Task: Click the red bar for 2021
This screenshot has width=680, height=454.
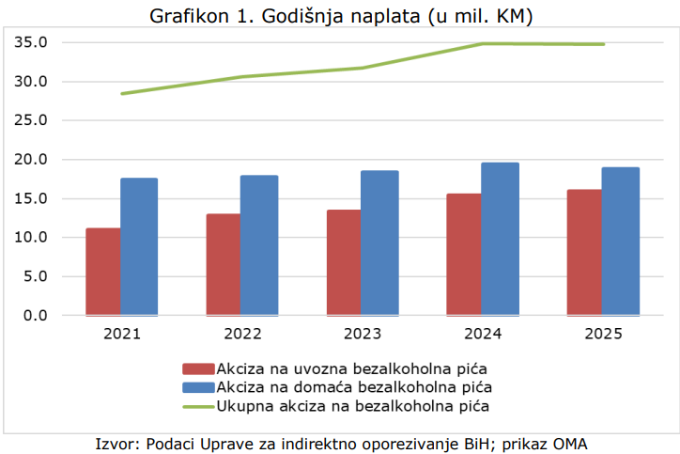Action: click(103, 272)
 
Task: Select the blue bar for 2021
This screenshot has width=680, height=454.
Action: click(139, 246)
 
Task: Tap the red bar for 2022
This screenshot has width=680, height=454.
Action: click(224, 264)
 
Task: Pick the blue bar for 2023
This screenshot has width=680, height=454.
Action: click(379, 243)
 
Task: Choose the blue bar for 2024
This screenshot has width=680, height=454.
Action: click(500, 239)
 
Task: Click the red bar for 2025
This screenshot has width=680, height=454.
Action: click(584, 253)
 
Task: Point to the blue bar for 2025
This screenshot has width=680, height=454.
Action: click(621, 242)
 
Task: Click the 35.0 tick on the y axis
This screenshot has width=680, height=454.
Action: click(31, 42)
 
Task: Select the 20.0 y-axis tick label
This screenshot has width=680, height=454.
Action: click(31, 159)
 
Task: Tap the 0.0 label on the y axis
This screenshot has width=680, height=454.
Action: click(36, 315)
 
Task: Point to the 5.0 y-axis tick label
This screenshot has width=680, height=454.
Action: click(36, 276)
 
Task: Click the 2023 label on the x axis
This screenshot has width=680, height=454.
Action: click(363, 334)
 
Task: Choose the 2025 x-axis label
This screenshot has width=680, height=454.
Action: click(603, 334)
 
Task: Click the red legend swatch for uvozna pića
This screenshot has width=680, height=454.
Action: click(198, 368)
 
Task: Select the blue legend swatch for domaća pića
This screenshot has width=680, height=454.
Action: click(198, 387)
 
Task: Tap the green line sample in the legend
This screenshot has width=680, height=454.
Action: click(198, 407)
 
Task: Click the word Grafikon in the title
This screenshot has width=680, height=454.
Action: click(189, 17)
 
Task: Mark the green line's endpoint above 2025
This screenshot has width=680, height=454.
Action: click(604, 44)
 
